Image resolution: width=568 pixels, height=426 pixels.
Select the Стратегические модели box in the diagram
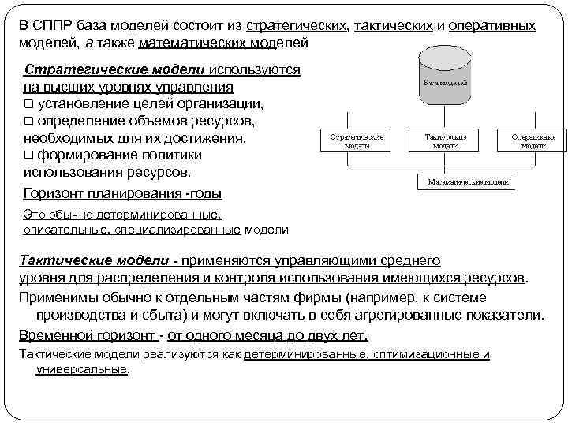(356, 141)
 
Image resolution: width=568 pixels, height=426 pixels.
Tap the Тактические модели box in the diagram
(445, 141)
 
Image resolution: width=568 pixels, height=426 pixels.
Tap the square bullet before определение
(29, 121)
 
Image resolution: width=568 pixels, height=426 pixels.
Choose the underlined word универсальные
(81, 368)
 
